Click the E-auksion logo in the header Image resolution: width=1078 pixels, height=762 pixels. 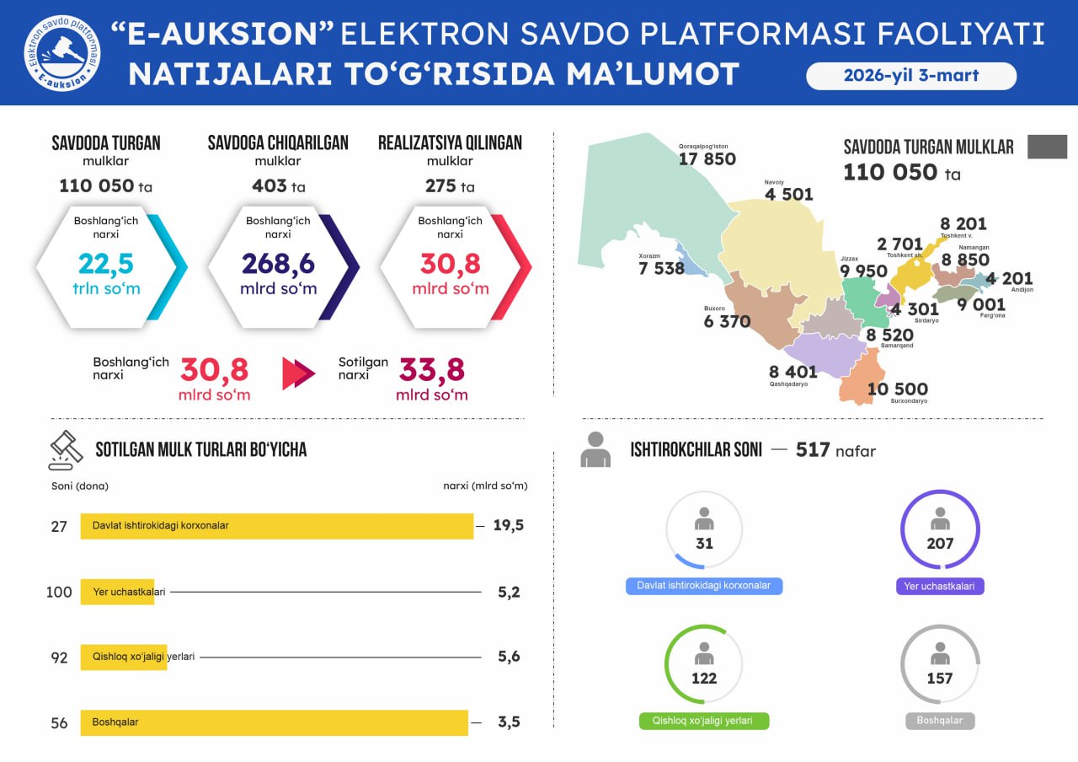click(x=61, y=52)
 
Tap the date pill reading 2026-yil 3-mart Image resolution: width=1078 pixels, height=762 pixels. click(x=911, y=75)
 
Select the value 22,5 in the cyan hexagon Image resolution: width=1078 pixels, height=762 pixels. click(x=106, y=264)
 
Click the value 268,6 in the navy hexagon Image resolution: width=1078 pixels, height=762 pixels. click(x=278, y=264)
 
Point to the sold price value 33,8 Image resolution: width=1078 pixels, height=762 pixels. click(x=431, y=370)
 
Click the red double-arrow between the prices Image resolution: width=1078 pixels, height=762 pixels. click(x=298, y=373)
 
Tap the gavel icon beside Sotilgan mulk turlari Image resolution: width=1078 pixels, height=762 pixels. click(x=66, y=449)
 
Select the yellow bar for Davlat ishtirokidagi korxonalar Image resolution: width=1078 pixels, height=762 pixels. click(x=276, y=526)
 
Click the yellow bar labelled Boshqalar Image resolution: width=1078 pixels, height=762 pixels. click(x=274, y=722)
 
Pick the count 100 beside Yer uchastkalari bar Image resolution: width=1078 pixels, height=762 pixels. click(x=59, y=593)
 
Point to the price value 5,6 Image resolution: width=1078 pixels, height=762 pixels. click(x=509, y=657)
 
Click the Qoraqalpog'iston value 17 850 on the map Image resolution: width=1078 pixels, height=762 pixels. click(x=707, y=159)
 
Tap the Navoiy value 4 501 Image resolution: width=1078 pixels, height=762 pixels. click(x=788, y=195)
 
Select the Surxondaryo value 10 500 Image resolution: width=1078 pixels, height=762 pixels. click(x=897, y=389)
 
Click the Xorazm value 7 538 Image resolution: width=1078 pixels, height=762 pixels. click(x=661, y=269)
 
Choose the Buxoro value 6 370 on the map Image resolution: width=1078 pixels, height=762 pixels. click(x=727, y=321)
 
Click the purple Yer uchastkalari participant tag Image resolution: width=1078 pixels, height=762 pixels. click(x=940, y=586)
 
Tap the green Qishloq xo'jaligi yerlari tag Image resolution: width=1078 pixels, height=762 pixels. click(x=704, y=722)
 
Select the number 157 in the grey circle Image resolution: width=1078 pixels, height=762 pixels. click(x=940, y=679)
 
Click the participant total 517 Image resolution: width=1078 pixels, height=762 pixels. click(x=813, y=450)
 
